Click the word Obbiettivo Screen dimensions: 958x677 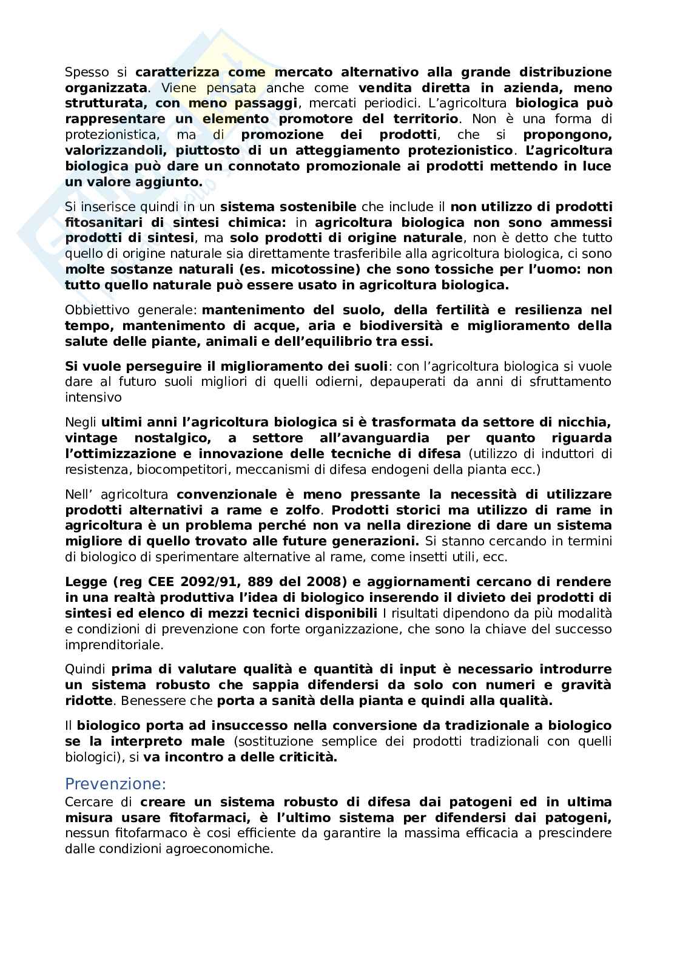[96, 310]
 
